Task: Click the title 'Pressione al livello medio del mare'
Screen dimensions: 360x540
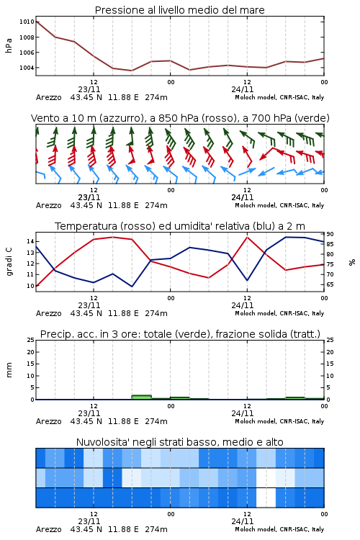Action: click(x=179, y=10)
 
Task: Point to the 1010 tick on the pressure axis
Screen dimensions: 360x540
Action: click(x=27, y=22)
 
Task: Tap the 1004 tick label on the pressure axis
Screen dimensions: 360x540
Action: click(x=27, y=68)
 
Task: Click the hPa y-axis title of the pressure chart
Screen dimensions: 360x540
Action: click(x=9, y=45)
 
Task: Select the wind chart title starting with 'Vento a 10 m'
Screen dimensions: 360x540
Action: click(x=180, y=118)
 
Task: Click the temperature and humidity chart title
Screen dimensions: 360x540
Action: click(x=180, y=226)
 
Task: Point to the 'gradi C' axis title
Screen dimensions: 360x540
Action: click(x=9, y=261)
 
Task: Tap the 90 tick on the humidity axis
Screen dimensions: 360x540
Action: click(x=330, y=234)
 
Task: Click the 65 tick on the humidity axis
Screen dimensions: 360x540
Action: click(x=330, y=284)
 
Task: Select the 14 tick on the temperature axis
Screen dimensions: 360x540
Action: click(x=30, y=241)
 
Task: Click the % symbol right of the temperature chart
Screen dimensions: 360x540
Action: click(x=352, y=262)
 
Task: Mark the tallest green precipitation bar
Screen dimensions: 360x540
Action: click(x=141, y=397)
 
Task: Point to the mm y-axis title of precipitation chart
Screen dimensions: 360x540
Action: click(x=9, y=369)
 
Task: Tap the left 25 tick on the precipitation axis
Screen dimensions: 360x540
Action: click(x=31, y=340)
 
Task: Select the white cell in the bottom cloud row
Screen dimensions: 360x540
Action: click(x=266, y=498)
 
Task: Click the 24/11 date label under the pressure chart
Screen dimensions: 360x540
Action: click(x=242, y=89)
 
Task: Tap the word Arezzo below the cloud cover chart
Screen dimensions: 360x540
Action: click(x=48, y=529)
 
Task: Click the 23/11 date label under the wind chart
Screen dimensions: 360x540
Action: click(x=89, y=197)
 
